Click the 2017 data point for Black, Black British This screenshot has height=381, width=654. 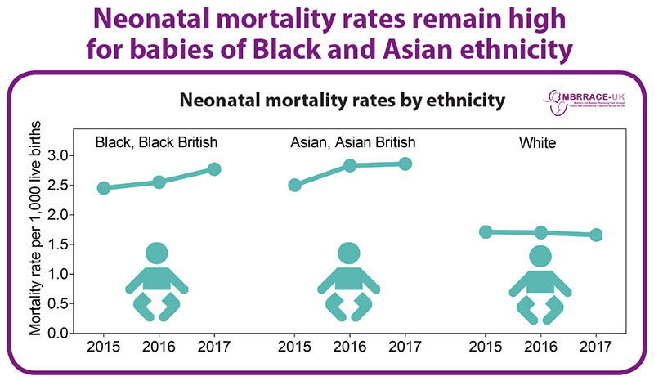pos(215,169)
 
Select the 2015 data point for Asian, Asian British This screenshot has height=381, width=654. pos(294,185)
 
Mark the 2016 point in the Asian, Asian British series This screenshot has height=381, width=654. pos(350,165)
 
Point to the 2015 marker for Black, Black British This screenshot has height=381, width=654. pos(103,188)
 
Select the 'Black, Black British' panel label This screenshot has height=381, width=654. pos(156,142)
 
